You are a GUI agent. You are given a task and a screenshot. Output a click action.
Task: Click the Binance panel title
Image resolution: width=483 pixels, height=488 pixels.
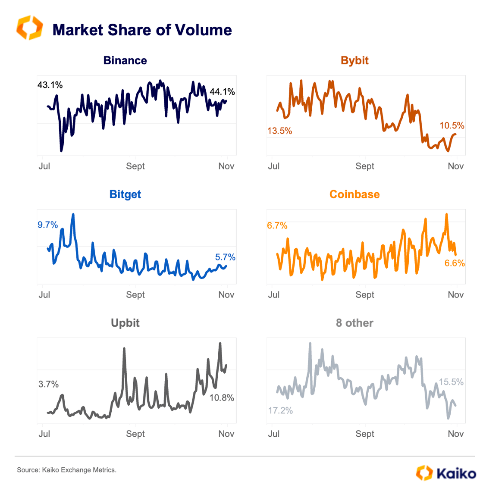(x=125, y=60)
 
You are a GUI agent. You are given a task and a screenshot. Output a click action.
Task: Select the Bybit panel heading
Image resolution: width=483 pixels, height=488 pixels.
(x=354, y=60)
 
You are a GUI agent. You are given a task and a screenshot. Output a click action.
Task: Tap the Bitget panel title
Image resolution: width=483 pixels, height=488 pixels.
(x=125, y=194)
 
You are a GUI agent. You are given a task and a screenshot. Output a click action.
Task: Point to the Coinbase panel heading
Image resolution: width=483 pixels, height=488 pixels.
(x=354, y=194)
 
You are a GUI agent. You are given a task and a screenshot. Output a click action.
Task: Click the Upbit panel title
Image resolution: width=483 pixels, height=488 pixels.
(x=125, y=323)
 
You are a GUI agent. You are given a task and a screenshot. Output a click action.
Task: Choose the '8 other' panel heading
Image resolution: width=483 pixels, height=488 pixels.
(x=354, y=323)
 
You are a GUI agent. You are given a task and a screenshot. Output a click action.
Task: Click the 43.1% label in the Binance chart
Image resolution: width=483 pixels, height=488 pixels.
(x=50, y=85)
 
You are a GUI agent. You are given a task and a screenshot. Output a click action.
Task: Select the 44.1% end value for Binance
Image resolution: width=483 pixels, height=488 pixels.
(x=222, y=92)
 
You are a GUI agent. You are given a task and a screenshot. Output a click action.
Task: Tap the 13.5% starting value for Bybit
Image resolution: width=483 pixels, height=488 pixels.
(x=279, y=131)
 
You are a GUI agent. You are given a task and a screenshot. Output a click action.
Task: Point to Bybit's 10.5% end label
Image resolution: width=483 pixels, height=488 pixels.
(x=452, y=125)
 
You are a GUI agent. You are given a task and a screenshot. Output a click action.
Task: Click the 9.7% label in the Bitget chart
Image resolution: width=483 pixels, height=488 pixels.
(x=47, y=225)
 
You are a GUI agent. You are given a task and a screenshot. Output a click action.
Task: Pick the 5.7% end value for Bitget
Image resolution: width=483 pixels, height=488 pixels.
(x=225, y=257)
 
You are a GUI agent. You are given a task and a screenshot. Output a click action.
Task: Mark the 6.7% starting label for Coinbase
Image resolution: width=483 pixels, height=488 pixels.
(x=277, y=225)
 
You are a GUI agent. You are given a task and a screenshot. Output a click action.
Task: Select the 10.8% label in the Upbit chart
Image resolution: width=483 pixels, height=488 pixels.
(x=222, y=398)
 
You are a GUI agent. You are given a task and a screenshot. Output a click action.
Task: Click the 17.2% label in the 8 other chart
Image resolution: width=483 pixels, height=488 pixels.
(x=280, y=410)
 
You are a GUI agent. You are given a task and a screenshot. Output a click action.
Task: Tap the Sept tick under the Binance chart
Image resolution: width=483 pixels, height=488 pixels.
(x=135, y=166)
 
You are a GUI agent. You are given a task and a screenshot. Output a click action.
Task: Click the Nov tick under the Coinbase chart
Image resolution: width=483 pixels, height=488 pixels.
(x=456, y=294)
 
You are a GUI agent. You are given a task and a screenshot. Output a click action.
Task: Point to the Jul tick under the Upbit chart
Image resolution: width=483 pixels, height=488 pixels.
(x=44, y=434)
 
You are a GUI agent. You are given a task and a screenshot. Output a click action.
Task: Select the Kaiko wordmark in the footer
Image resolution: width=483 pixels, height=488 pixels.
(x=456, y=473)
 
